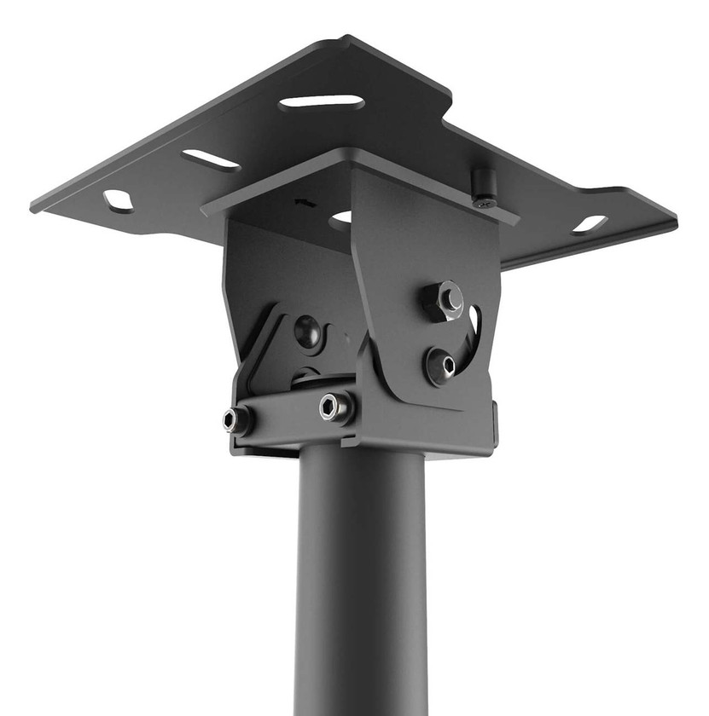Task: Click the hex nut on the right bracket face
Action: [x=444, y=299]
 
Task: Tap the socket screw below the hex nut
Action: [x=442, y=366]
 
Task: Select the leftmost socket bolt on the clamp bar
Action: [x=236, y=419]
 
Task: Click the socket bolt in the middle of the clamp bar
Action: [x=334, y=407]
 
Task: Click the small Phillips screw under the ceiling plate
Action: [x=485, y=202]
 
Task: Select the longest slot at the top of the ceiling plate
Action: [x=321, y=102]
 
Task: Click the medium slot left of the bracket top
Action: [x=211, y=159]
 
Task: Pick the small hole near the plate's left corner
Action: [x=118, y=201]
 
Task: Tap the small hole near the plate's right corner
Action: [x=590, y=224]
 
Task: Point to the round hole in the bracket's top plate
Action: [x=341, y=219]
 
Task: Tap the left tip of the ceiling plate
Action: [x=34, y=205]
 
